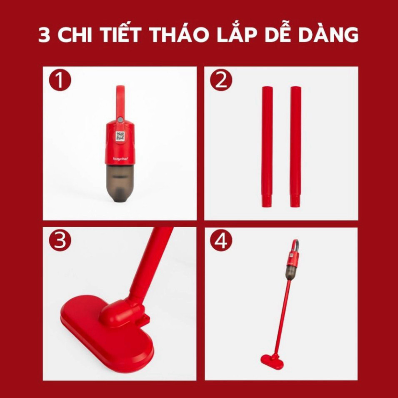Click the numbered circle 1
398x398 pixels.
pos(60,80)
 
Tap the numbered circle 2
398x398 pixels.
pos(221,80)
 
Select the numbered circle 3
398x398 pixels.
pos(60,240)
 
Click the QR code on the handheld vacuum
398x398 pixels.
pos(120,136)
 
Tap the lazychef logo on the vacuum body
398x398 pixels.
pos(120,159)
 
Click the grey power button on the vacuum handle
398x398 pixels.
pos(120,119)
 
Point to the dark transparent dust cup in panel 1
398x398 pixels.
pos(120,182)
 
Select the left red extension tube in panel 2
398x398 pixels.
pos(267,147)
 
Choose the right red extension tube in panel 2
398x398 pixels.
pos(296,147)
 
